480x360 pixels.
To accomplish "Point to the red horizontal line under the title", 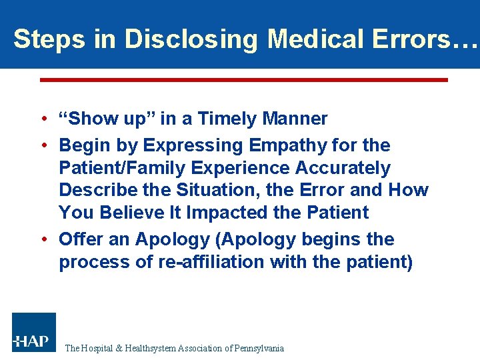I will pos(243,79).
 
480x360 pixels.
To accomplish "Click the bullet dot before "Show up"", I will pos(42,119).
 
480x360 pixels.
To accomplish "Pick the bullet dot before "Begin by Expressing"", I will pos(42,145).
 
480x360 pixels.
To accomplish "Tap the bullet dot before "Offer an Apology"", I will pos(42,239).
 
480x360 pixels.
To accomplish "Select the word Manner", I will pos(295,119).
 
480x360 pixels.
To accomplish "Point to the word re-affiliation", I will pos(210,262).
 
